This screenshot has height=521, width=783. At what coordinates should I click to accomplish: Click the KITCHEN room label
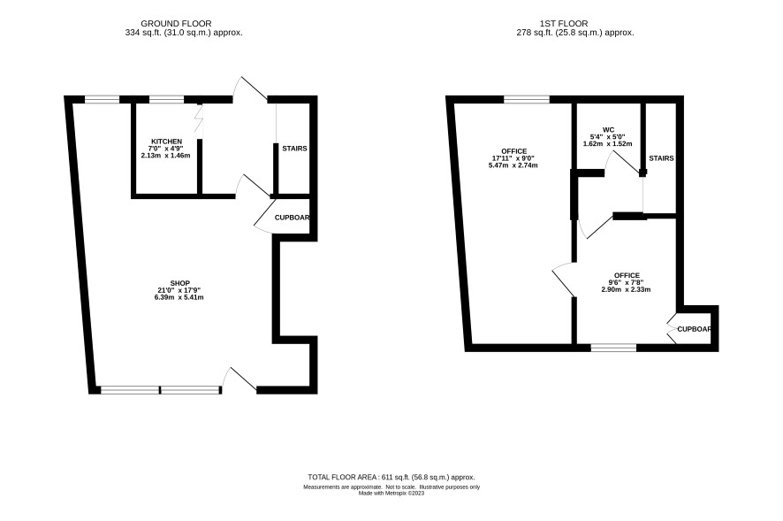click(166, 142)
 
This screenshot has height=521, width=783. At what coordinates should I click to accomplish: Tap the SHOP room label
click(179, 284)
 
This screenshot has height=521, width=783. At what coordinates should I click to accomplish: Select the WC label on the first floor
click(608, 129)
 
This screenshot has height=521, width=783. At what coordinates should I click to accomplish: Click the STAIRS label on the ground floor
click(294, 149)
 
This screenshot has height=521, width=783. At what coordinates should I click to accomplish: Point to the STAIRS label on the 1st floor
click(661, 158)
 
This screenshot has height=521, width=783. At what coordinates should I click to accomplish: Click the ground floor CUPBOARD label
click(293, 218)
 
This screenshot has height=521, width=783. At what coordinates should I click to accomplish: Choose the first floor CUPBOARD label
click(694, 329)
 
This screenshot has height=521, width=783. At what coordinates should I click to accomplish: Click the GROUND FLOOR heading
click(176, 24)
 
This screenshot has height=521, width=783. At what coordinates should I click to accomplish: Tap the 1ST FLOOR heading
click(564, 24)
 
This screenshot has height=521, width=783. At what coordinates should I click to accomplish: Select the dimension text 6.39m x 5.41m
click(179, 297)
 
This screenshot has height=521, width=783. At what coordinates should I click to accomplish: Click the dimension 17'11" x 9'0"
click(513, 158)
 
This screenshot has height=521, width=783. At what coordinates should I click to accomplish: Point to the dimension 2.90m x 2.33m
click(626, 289)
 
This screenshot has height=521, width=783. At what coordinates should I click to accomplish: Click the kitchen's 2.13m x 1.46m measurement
click(166, 155)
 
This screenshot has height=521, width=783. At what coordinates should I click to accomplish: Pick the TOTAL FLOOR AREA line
click(391, 477)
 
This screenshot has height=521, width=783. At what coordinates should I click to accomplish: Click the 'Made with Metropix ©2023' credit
click(391, 493)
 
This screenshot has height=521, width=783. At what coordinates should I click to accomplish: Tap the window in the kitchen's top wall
click(166, 99)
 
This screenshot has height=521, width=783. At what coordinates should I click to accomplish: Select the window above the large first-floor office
click(527, 99)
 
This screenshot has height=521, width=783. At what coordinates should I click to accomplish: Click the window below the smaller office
click(613, 348)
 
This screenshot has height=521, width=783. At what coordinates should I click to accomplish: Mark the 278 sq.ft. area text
click(575, 33)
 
